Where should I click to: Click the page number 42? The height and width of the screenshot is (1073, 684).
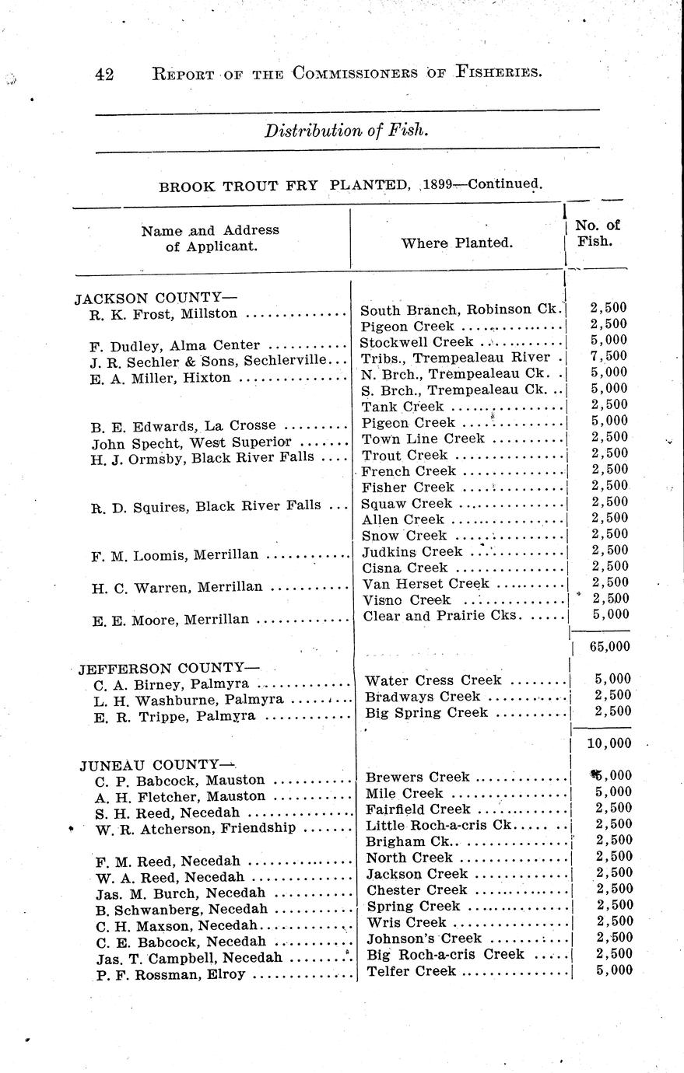[104, 74]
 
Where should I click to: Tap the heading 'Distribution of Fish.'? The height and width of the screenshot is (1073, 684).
[346, 130]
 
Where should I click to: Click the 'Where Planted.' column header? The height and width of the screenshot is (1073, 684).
[457, 243]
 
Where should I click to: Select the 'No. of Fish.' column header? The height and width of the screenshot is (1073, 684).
[597, 233]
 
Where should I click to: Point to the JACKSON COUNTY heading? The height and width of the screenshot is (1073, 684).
[155, 298]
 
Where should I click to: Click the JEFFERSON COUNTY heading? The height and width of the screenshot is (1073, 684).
[168, 668]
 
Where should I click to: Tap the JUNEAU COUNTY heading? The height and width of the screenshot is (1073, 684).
[157, 764]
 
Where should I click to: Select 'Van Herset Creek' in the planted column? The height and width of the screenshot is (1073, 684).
[426, 583]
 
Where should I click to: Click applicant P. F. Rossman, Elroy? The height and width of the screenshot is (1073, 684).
[170, 974]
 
